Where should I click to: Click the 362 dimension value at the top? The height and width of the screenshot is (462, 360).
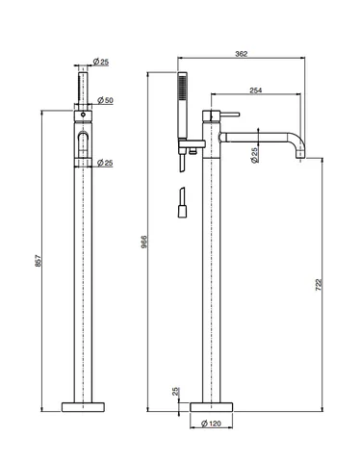coord(242,54)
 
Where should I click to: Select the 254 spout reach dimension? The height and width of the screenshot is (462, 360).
coord(256,90)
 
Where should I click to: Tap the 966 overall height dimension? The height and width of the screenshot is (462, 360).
coord(144,242)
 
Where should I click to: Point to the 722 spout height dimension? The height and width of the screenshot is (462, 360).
coord(319,285)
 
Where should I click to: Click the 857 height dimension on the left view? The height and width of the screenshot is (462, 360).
coord(38,261)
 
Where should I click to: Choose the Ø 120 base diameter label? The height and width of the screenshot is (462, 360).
coord(211,423)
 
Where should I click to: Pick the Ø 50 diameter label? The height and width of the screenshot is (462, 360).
coord(105,100)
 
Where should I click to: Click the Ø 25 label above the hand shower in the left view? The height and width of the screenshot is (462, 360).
coord(101,62)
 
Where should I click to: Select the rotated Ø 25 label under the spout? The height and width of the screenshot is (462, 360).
coord(255,155)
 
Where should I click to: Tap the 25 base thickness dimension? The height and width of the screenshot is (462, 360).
coord(175,392)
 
